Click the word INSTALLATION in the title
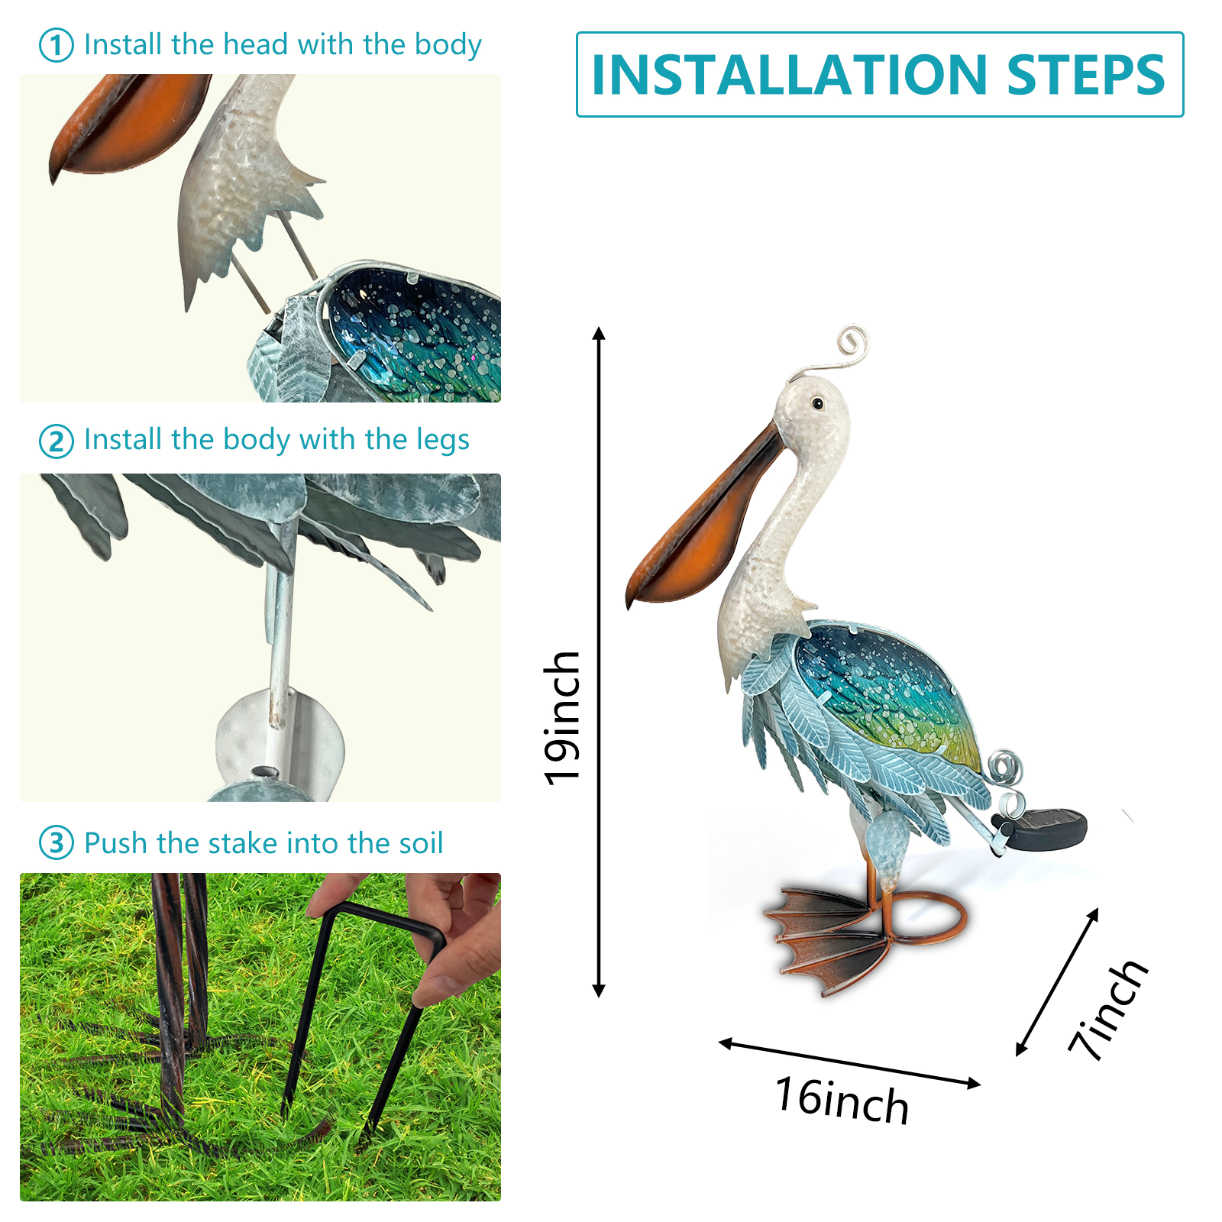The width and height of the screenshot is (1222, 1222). (x=791, y=75)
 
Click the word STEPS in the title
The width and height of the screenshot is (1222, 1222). (x=1086, y=75)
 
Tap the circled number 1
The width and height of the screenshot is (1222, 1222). (x=56, y=45)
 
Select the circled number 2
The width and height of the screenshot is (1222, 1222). (x=56, y=441)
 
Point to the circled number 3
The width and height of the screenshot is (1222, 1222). (x=56, y=843)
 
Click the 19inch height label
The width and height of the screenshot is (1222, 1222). (x=562, y=718)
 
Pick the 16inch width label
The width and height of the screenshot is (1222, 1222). (x=842, y=1101)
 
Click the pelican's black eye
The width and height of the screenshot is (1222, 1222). (x=817, y=402)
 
